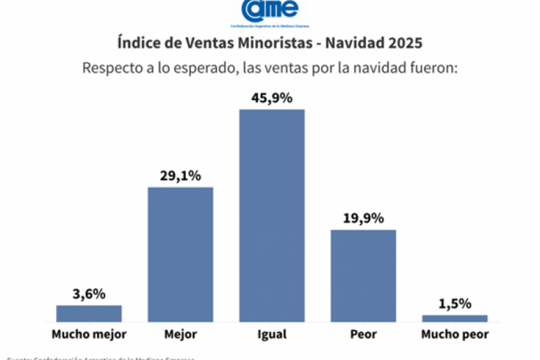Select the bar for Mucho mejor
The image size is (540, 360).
89,313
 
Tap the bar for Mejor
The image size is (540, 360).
181,254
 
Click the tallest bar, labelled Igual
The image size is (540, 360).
272,215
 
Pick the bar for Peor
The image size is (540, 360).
364,276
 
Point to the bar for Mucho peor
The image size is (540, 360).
455,318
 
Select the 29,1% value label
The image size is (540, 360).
181,176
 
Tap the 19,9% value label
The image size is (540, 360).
364,218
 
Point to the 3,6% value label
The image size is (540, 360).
89,294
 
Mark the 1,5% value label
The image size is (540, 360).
455,303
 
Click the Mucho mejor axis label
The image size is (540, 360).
89,334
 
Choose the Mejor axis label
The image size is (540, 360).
181,334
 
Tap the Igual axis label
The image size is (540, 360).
272,334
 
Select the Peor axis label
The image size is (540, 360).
364,334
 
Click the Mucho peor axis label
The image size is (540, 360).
455,334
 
